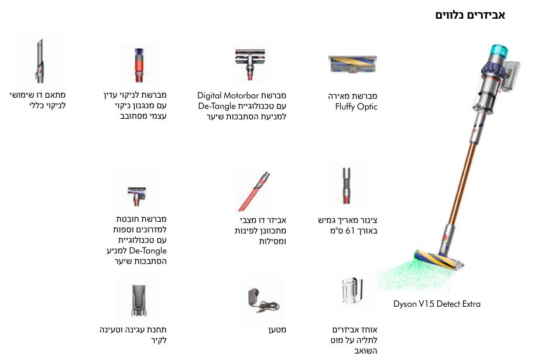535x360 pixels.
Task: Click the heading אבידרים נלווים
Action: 470,15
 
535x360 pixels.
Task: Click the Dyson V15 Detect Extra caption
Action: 437,304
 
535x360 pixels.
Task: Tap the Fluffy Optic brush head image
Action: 352,63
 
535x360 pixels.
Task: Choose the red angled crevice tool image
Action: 253,191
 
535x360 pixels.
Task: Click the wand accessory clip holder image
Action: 354,293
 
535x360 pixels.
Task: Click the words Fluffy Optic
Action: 356,107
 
